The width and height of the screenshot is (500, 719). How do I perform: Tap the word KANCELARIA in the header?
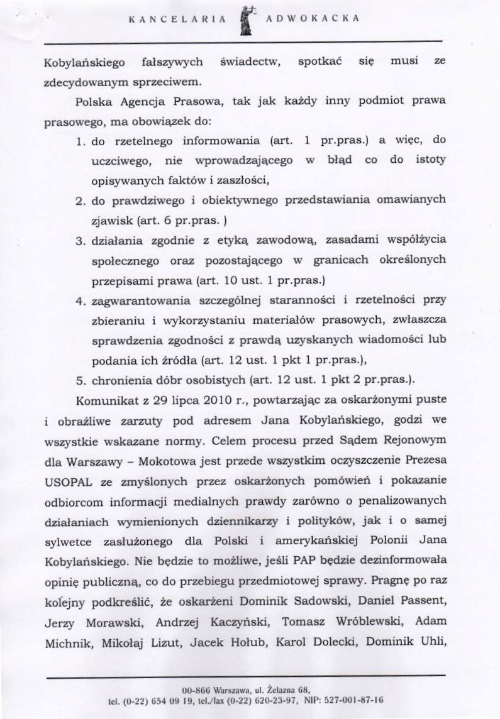(x=177, y=19)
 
